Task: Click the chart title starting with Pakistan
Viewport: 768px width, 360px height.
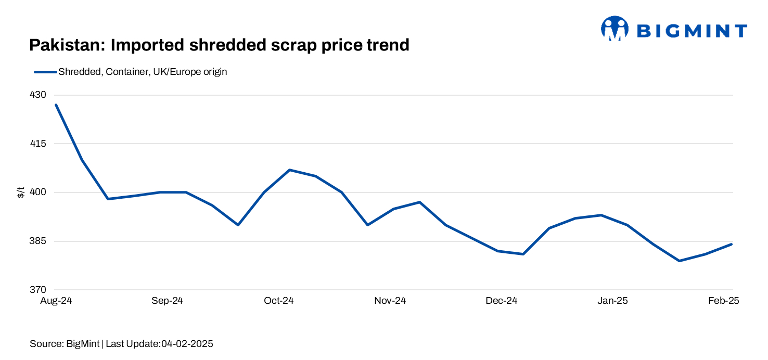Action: (x=219, y=45)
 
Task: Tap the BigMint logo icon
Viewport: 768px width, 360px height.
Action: (x=615, y=29)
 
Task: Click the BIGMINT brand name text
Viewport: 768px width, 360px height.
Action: (x=692, y=31)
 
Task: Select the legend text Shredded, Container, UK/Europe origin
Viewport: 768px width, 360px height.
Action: (x=143, y=72)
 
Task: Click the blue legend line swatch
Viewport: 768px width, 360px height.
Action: (x=45, y=72)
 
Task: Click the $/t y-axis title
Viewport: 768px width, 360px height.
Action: (x=21, y=193)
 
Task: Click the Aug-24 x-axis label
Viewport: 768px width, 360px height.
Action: (x=56, y=301)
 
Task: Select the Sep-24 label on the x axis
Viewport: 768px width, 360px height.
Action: (x=167, y=301)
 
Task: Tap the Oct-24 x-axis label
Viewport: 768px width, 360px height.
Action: (x=279, y=301)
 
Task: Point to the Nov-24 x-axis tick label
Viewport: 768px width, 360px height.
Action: (x=390, y=301)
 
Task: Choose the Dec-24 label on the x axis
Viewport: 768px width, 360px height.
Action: (x=502, y=301)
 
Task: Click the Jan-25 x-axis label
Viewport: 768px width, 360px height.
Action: (x=613, y=301)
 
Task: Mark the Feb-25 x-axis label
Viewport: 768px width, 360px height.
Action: (x=724, y=301)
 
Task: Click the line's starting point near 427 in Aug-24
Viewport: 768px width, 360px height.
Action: (x=56, y=105)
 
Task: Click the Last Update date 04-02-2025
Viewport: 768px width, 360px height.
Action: (x=187, y=344)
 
